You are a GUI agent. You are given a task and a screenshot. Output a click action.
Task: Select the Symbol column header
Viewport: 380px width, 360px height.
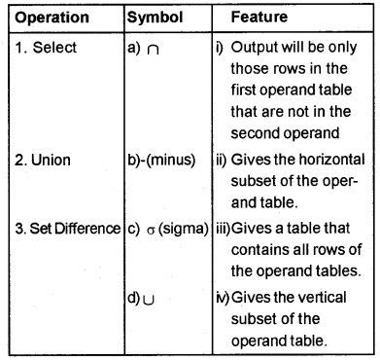tap(155, 18)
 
